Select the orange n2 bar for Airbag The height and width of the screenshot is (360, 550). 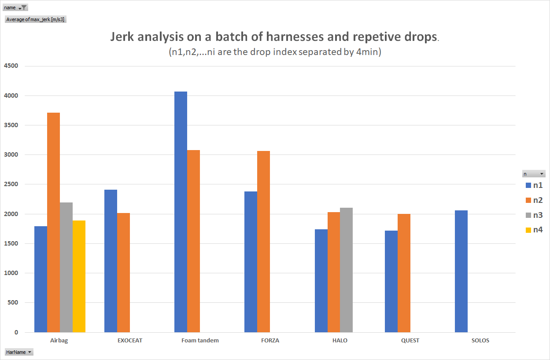click(x=53, y=222)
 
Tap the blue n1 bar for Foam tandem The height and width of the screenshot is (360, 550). click(x=181, y=212)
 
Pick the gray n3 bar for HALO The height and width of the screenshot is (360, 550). click(x=346, y=270)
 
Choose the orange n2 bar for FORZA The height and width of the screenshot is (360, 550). click(x=263, y=242)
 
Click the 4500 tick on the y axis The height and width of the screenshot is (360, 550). click(x=11, y=66)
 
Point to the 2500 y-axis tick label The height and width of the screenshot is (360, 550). click(x=11, y=184)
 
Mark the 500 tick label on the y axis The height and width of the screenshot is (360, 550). click(x=13, y=303)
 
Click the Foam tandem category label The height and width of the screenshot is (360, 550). click(x=200, y=340)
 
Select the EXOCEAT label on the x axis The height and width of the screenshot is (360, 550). click(x=130, y=340)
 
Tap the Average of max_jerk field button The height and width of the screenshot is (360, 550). click(x=36, y=19)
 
